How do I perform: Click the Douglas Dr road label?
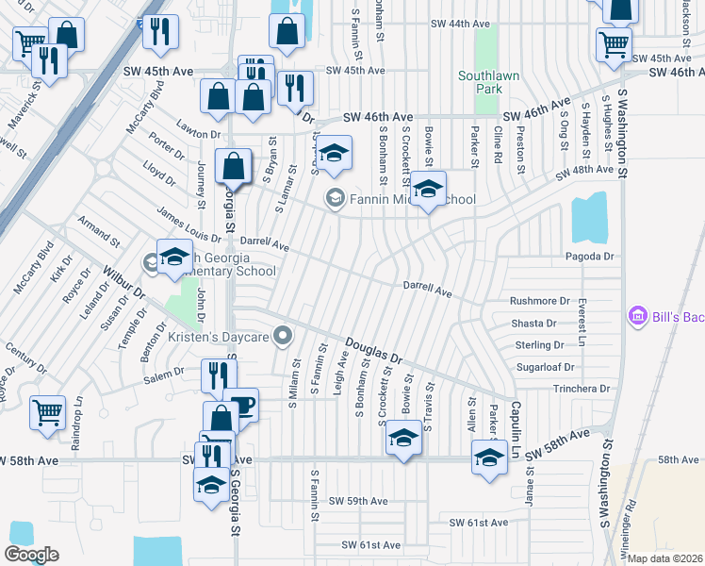coord(373,353)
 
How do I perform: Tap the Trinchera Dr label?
coord(582,389)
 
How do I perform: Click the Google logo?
coord(31,555)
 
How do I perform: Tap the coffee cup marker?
coord(242,404)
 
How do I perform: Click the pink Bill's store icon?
coord(637,316)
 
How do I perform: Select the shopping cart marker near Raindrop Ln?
coord(47,411)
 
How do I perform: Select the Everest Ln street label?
coord(582,322)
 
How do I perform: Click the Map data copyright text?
coord(666,558)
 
